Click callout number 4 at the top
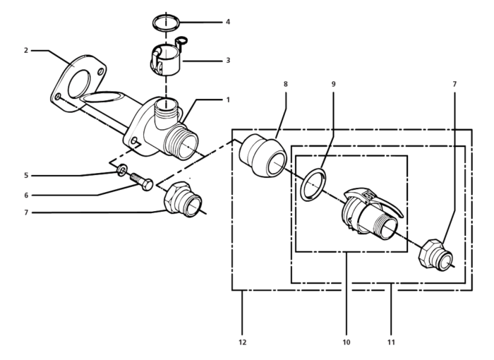point(228,22)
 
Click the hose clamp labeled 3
point(167,56)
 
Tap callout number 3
point(228,60)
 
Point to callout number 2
point(26,50)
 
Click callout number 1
point(228,100)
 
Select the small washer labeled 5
point(122,170)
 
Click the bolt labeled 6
point(142,181)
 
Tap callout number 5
point(26,176)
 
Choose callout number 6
point(26,196)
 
